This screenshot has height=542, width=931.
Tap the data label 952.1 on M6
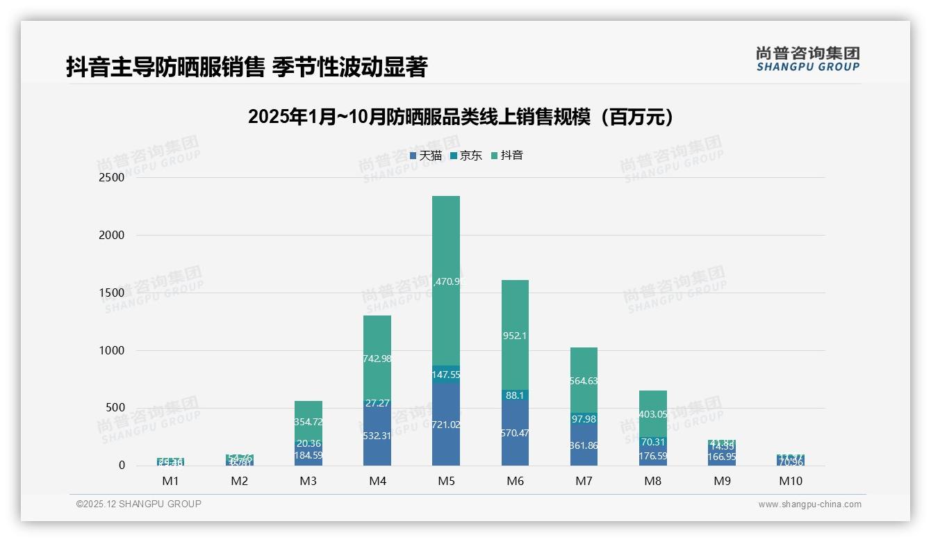(514, 336)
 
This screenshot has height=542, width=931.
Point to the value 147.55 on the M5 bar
(445, 375)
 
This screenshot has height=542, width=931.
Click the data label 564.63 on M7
(584, 381)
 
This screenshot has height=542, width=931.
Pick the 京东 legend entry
(466, 156)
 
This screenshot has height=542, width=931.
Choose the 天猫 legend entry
(426, 156)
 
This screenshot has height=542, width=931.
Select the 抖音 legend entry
(507, 156)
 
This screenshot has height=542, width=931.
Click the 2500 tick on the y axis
(111, 177)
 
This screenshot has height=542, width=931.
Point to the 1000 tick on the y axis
(111, 350)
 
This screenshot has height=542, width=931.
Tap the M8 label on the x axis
(652, 481)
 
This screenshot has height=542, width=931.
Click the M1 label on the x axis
(170, 481)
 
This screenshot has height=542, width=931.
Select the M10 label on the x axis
(791, 481)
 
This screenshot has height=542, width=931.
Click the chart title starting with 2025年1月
(461, 117)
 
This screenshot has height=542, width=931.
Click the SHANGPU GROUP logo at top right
(808, 59)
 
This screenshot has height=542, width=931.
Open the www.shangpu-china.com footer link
(809, 504)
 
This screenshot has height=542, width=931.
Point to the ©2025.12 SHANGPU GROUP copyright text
(139, 504)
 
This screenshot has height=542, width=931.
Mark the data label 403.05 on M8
(652, 414)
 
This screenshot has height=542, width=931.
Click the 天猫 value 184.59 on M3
(308, 456)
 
